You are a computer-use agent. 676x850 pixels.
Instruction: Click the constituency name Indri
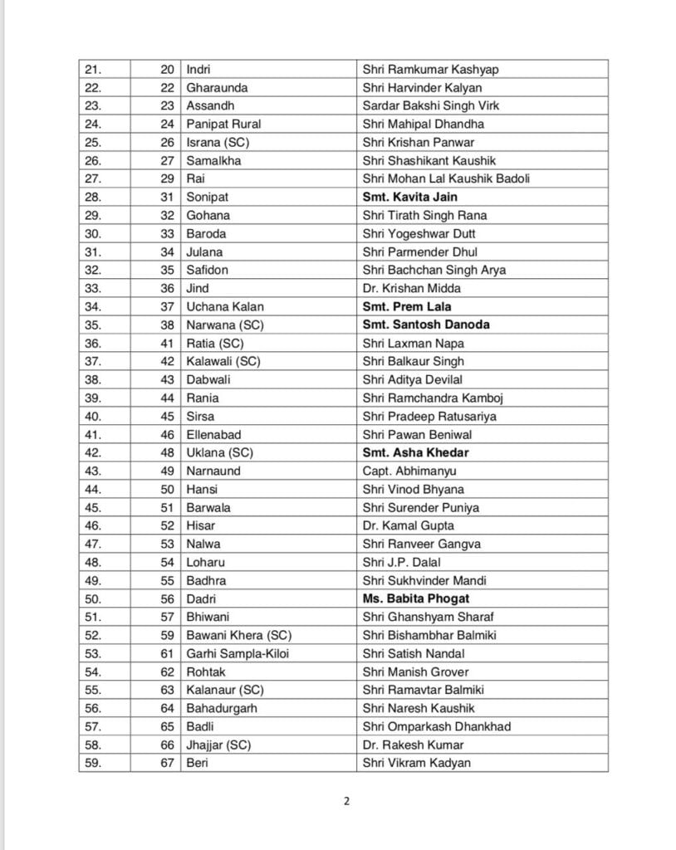click(x=198, y=69)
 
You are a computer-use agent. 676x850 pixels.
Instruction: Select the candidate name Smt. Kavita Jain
click(x=409, y=197)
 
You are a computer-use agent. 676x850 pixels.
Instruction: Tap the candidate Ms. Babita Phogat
click(x=416, y=598)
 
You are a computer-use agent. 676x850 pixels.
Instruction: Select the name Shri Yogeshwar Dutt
click(x=419, y=233)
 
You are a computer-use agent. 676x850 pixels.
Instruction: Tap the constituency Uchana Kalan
click(x=219, y=306)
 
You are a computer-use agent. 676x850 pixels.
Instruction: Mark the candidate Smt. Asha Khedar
click(x=415, y=452)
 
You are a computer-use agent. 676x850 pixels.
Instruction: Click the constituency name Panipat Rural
click(x=223, y=124)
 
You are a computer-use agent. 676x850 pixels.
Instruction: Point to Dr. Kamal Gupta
click(x=408, y=525)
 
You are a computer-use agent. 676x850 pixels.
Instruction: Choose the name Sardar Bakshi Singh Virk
click(x=430, y=105)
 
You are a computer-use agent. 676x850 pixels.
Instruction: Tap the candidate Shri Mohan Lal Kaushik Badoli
click(x=446, y=178)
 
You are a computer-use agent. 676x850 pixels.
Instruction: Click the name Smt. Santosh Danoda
click(x=426, y=325)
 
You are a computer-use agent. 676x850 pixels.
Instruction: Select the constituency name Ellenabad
click(x=213, y=434)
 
